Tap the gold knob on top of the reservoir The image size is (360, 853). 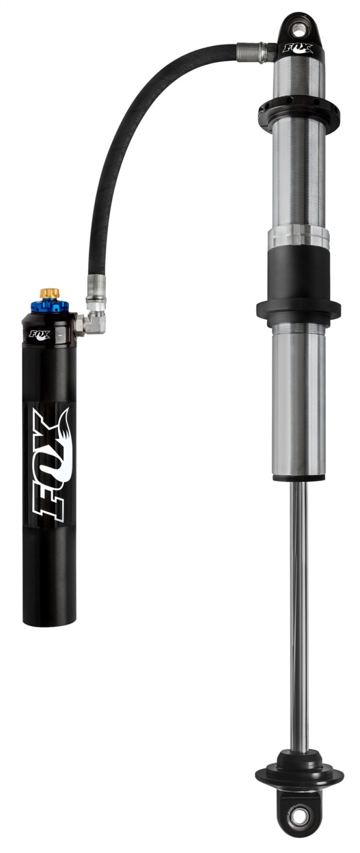(x=49, y=293)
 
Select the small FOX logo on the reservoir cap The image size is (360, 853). (x=40, y=335)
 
